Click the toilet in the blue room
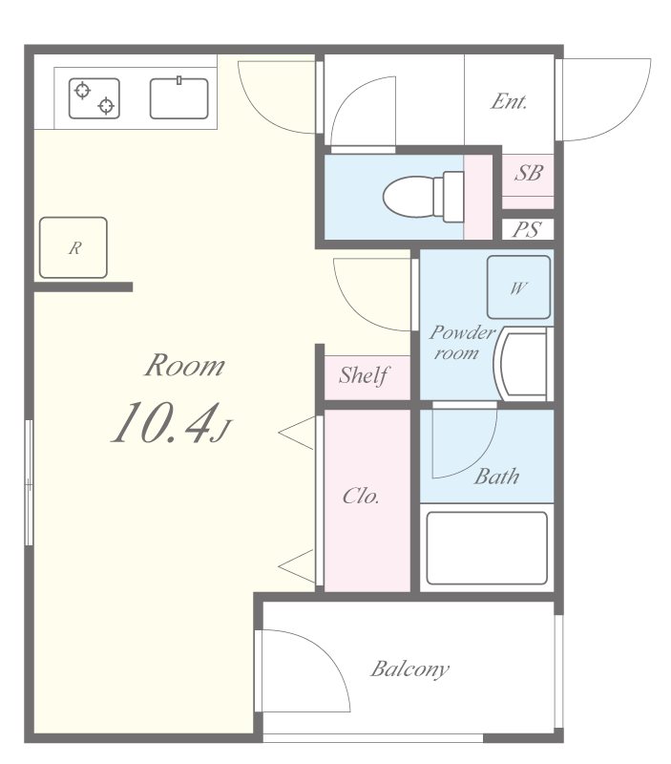click(x=424, y=197)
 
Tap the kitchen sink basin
click(x=179, y=98)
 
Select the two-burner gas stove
click(x=94, y=98)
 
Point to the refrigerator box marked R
click(x=73, y=247)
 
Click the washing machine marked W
click(x=519, y=287)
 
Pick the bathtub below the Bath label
click(x=487, y=547)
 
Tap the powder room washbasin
click(x=523, y=364)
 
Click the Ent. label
click(x=509, y=101)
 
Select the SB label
click(x=529, y=173)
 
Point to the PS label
click(x=528, y=229)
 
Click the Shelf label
click(x=365, y=375)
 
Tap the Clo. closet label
click(x=361, y=496)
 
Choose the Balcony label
click(x=410, y=669)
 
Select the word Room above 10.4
click(x=185, y=366)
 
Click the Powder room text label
click(x=462, y=343)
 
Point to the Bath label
click(x=496, y=477)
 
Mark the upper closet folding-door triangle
click(x=297, y=433)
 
